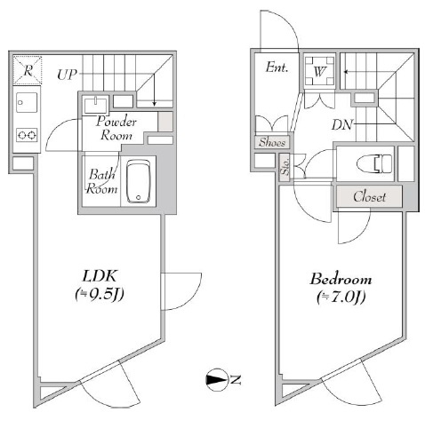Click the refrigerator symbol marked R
[28, 70]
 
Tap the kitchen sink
[27, 102]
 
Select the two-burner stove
[27, 135]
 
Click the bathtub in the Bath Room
[139, 181]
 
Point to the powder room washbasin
[95, 106]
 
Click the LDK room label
[100, 276]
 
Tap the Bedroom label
[341, 279]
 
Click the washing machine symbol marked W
[319, 71]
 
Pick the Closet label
[369, 196]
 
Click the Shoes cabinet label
[272, 142]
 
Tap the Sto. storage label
[285, 167]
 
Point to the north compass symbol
[217, 380]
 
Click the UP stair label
[67, 75]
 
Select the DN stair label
[342, 125]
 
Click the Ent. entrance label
[277, 67]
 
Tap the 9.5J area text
[100, 294]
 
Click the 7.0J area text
[341, 297]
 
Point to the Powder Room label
[116, 128]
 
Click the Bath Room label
[101, 181]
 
